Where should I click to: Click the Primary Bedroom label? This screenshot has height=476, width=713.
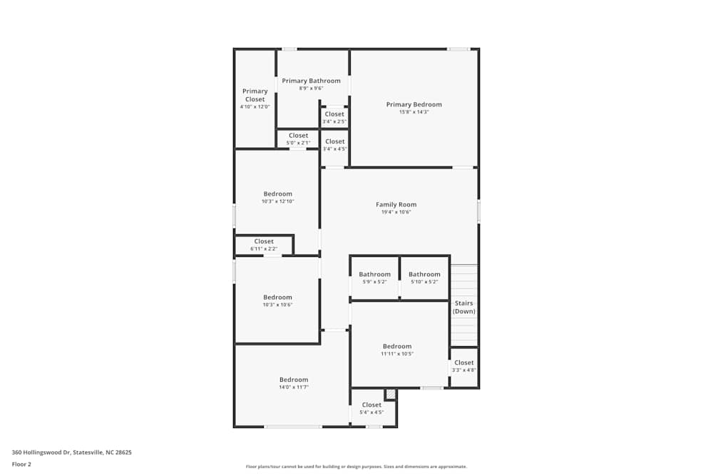click(414, 105)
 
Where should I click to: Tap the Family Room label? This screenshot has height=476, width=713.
click(396, 205)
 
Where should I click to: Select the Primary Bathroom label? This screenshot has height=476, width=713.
click(311, 81)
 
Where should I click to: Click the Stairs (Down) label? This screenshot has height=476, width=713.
click(463, 308)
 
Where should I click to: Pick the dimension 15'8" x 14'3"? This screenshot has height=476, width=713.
click(414, 112)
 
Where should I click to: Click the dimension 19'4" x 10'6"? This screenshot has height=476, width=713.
click(396, 212)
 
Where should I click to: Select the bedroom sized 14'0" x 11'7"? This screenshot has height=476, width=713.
click(293, 383)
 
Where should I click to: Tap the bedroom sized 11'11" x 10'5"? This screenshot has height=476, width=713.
click(397, 350)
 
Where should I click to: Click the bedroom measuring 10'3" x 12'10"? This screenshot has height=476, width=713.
click(277, 197)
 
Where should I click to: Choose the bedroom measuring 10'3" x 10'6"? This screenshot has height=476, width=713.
click(277, 300)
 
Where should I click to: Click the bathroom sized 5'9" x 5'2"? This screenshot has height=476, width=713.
click(374, 278)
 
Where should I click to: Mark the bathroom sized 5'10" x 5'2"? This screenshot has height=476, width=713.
click(424, 278)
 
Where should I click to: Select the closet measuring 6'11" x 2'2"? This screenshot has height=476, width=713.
click(264, 245)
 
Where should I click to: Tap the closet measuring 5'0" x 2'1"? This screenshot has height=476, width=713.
click(298, 138)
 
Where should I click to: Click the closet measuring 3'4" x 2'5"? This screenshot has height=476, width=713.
click(334, 117)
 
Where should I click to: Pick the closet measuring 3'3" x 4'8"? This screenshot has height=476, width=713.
click(463, 366)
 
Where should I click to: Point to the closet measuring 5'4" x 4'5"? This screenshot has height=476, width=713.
click(371, 408)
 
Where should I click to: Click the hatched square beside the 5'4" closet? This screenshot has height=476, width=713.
click(390, 394)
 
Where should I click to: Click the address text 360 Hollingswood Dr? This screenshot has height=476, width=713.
click(71, 452)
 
